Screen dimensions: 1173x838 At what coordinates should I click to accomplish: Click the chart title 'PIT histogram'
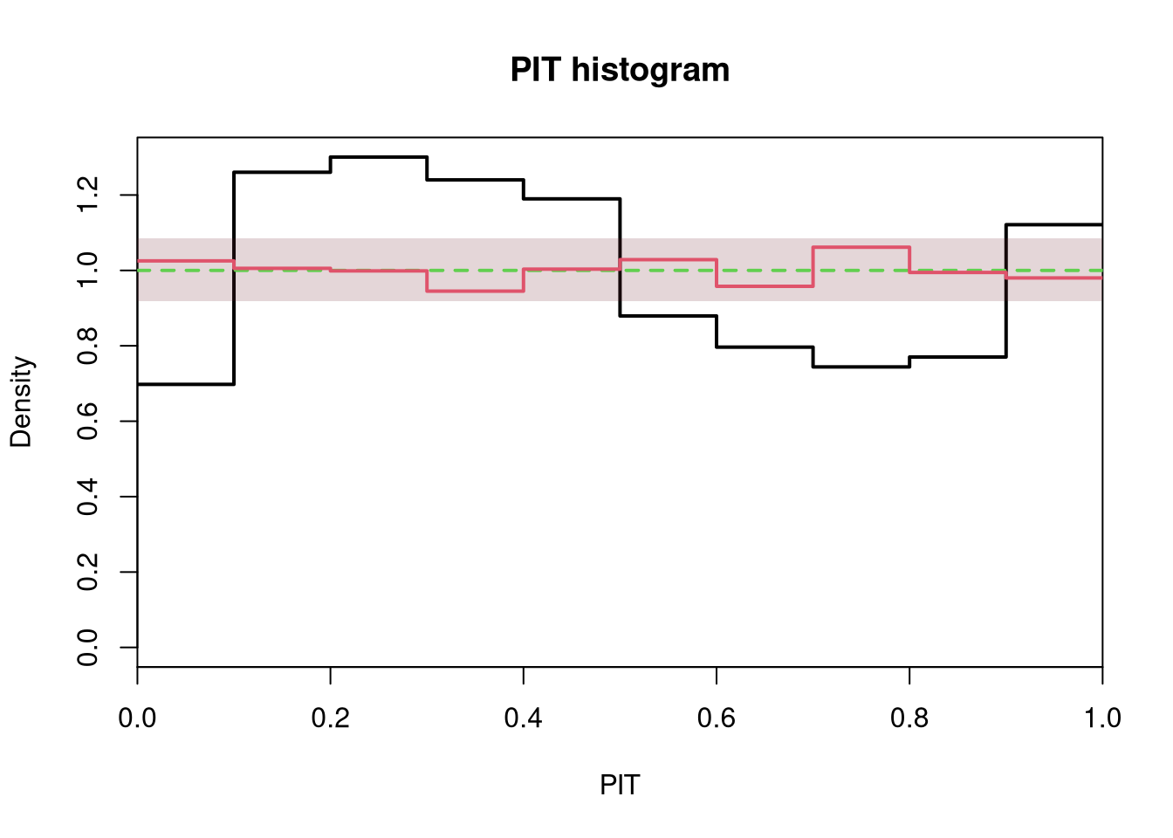pos(620,70)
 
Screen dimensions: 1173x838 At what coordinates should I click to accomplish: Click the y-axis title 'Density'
pos(21,402)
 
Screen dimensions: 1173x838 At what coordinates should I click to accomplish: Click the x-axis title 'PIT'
pos(620,785)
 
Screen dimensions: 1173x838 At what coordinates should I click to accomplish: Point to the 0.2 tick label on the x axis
pos(331,718)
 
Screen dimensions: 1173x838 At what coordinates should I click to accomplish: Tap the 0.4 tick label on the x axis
pos(523,718)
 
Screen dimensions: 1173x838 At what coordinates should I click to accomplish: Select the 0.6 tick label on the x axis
pos(717,718)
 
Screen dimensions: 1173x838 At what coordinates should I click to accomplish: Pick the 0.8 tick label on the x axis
pos(909,718)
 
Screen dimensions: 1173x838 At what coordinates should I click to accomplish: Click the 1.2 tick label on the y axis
pos(87,195)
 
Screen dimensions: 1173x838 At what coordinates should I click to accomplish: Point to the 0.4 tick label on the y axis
pos(87,497)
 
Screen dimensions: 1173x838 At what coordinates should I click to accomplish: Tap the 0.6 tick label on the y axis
pos(87,421)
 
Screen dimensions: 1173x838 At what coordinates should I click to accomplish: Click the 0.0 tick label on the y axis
pos(87,648)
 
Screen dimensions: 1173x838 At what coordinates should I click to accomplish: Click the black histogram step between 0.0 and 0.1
pos(186,384)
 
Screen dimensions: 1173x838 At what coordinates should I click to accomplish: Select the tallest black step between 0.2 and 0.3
pos(379,156)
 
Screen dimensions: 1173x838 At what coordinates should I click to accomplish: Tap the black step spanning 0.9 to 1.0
pos(1054,224)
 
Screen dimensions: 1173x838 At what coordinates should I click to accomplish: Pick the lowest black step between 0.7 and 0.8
pos(861,367)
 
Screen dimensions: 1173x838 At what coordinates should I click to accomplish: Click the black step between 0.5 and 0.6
pos(669,316)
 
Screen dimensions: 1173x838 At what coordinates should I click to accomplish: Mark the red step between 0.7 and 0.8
pos(861,247)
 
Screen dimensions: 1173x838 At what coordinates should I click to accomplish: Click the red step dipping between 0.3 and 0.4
pos(476,291)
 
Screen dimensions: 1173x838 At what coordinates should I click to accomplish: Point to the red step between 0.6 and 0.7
pos(765,286)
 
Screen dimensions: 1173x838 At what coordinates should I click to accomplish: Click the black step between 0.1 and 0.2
pos(282,172)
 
